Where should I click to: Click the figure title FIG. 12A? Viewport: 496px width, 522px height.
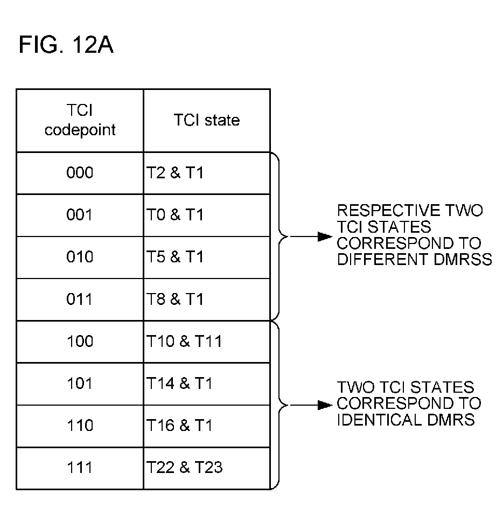[66, 45]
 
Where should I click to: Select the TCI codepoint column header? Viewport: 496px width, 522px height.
[80, 121]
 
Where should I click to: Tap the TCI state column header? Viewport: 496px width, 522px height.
[207, 121]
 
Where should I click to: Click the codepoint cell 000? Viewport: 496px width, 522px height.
[80, 173]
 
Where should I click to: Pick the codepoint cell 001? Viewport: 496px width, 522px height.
[80, 215]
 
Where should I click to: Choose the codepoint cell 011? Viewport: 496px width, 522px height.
[80, 300]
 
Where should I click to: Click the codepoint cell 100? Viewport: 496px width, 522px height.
[80, 342]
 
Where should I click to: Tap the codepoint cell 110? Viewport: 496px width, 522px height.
[80, 426]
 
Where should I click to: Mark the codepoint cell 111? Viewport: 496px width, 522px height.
[80, 468]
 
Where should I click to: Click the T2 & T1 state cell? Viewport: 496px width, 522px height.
[207, 173]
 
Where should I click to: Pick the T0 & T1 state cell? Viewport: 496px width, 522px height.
[207, 215]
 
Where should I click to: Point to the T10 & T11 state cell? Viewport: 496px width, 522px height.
[207, 342]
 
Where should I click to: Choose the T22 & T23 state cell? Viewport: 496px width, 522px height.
[207, 468]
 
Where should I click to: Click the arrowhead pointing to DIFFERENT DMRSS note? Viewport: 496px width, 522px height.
[325, 236]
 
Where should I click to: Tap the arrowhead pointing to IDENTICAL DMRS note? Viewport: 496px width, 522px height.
[325, 405]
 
